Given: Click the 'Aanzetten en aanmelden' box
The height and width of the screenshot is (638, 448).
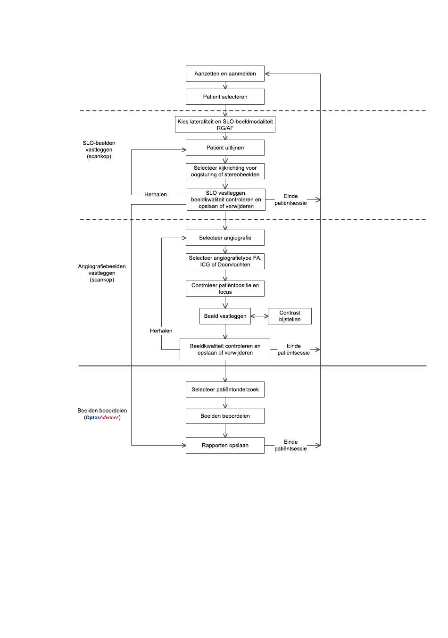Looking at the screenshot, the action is [225, 74].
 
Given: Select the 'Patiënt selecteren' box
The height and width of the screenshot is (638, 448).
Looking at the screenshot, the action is [225, 97].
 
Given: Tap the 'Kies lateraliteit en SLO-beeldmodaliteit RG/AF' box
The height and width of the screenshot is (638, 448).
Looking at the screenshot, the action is [225, 124].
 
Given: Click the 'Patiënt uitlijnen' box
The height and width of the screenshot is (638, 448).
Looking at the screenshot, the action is [225, 148].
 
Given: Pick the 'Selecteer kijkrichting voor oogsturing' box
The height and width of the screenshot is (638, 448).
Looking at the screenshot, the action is [225, 171].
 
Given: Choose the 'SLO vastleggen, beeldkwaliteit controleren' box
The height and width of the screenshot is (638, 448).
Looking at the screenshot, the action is [226, 199].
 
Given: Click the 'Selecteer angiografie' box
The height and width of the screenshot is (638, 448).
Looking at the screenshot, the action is [225, 238].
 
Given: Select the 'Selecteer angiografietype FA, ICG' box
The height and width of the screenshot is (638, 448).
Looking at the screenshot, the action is [225, 261].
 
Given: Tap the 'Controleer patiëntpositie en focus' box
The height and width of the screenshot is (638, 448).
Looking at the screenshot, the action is [225, 289].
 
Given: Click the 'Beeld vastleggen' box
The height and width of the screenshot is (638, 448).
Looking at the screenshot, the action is [225, 316].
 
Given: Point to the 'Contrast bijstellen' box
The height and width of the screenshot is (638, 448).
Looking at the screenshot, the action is [290, 316].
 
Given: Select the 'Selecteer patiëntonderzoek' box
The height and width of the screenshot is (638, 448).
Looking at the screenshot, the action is [225, 389].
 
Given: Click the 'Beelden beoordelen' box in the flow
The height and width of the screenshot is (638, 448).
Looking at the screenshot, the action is [225, 416].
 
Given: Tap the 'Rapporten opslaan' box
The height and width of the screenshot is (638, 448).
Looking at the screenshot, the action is [225, 445].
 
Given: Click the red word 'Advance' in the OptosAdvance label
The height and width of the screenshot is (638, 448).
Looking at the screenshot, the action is [109, 417].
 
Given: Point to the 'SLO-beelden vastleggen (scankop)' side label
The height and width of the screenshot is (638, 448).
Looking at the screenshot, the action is [99, 149].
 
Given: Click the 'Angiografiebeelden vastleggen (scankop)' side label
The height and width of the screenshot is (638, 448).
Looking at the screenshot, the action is [102, 273].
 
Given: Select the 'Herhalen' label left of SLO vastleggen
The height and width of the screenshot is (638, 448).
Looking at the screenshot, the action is [156, 195].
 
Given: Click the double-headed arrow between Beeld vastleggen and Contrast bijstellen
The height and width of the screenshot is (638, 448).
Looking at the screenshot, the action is [259, 316].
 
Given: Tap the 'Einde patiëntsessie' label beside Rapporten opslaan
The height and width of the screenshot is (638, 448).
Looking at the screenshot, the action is [290, 445].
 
